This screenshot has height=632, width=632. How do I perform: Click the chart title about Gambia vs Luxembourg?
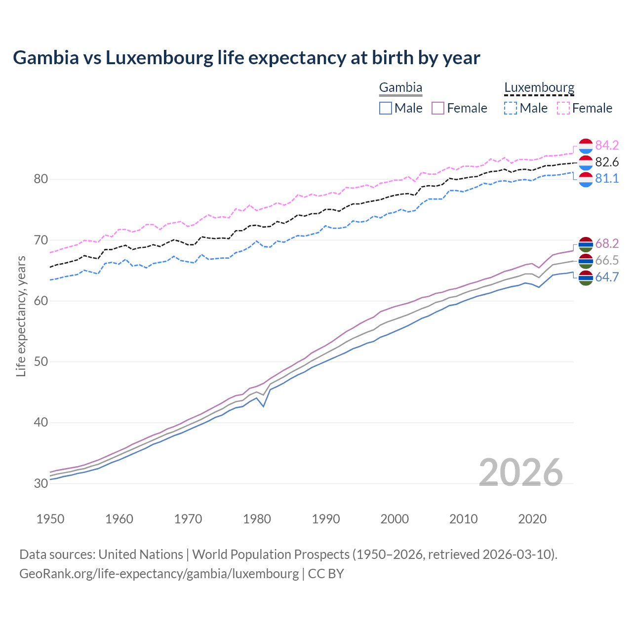point(246,58)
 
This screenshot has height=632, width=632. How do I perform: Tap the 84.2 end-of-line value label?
point(607,145)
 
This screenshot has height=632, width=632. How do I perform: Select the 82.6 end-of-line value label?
point(607,162)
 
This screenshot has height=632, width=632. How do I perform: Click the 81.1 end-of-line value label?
point(607,178)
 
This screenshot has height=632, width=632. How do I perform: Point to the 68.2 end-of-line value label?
point(607,243)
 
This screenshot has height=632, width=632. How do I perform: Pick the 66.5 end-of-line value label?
point(607,260)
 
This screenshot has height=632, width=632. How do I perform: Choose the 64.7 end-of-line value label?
point(607,277)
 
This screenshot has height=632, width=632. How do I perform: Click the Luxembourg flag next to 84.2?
point(586,146)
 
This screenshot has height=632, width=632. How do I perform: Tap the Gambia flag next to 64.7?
point(586,277)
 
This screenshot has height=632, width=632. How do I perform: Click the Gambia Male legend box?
point(386,108)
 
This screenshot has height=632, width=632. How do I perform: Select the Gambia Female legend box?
point(438,108)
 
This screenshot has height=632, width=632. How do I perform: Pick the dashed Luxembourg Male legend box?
point(511,108)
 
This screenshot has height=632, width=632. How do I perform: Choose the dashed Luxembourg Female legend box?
point(563,108)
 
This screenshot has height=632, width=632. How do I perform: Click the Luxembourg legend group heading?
point(539,88)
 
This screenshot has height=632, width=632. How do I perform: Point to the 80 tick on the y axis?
point(40,179)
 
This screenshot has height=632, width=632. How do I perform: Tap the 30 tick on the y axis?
point(40,483)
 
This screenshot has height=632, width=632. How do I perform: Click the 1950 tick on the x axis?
point(50,519)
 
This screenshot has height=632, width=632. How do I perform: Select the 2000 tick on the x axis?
point(395,519)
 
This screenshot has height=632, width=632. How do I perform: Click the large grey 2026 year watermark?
point(521,473)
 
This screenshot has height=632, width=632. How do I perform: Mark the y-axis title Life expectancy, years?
point(21,316)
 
